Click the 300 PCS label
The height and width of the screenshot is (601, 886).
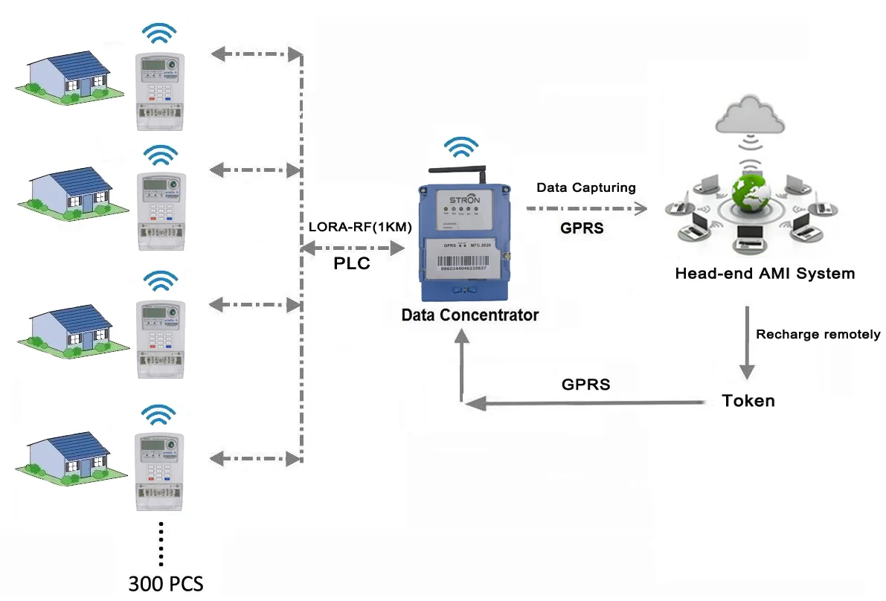click(x=165, y=582)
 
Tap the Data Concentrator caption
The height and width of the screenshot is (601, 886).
click(x=469, y=315)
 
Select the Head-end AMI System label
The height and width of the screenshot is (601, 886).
click(x=764, y=273)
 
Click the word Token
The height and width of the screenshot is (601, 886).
click(x=748, y=401)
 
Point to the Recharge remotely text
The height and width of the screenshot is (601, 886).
click(x=818, y=334)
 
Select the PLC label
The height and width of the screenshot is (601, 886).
click(x=351, y=264)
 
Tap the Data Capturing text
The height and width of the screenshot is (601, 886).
click(x=586, y=188)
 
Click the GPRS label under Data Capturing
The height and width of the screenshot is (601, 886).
click(x=582, y=228)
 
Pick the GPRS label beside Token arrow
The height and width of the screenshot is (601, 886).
click(x=585, y=385)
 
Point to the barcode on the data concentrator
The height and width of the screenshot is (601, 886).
click(x=463, y=263)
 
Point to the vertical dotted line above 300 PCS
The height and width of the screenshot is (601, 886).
click(x=161, y=543)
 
